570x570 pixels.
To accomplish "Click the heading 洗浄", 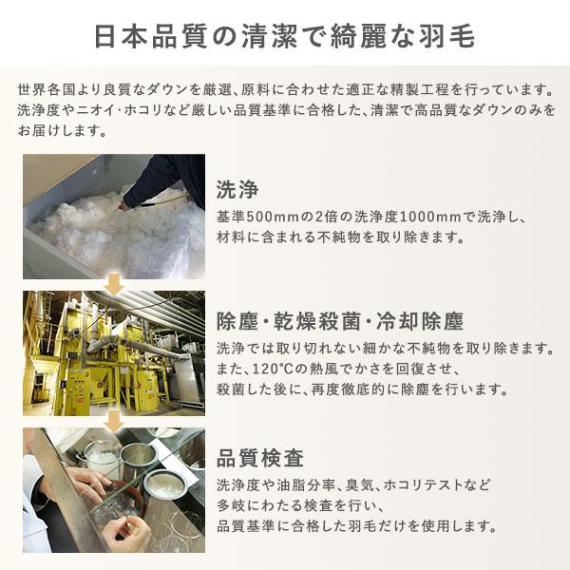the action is [237, 189].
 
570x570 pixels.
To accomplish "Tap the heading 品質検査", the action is [260, 458].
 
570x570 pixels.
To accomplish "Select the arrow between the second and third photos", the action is [114, 421].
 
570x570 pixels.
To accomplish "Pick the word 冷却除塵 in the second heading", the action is [420, 321].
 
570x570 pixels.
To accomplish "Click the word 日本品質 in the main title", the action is [150, 36].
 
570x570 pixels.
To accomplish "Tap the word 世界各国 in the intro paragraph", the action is [47, 89].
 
